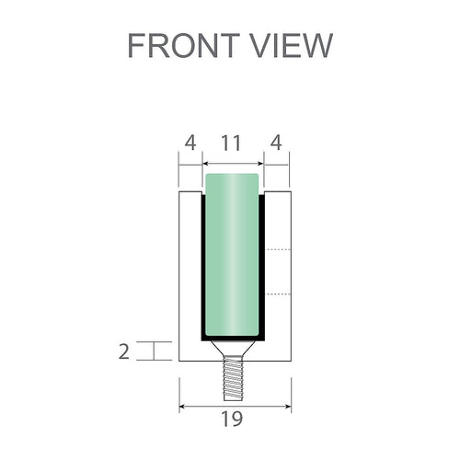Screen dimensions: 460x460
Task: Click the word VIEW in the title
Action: coord(293,45)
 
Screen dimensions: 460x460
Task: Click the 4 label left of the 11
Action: coord(190,144)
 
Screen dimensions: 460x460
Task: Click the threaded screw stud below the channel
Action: coord(234,379)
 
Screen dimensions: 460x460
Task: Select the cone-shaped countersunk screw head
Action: coord(234,351)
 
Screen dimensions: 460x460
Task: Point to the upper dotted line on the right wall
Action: coord(278,250)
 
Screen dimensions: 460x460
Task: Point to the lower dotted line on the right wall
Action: coord(278,294)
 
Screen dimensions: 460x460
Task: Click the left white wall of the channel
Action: coord(190,276)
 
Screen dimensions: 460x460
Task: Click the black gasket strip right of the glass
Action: coord(263,267)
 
